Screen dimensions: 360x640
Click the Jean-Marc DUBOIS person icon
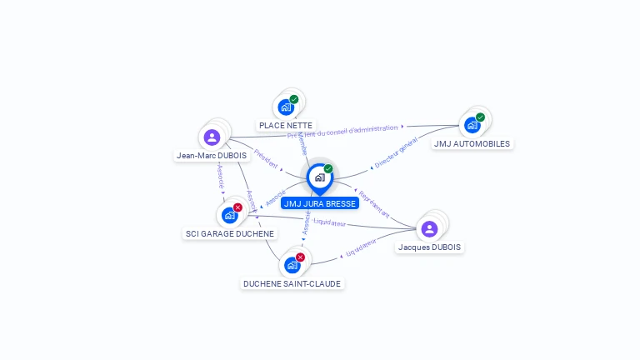(x=212, y=137)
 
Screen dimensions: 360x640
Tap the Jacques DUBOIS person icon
(x=429, y=228)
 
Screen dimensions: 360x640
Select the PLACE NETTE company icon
(x=286, y=107)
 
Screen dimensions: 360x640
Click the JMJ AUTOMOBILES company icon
(x=472, y=125)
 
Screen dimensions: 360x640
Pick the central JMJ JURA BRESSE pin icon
(x=319, y=177)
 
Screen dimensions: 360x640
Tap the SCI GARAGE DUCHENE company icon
(x=229, y=215)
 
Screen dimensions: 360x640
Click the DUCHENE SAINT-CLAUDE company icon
(x=292, y=265)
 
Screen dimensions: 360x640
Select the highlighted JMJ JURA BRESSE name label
(x=320, y=203)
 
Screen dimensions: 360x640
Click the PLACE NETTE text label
(x=286, y=125)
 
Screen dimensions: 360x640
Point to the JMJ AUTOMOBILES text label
(x=472, y=143)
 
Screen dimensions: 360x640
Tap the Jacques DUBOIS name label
(x=429, y=247)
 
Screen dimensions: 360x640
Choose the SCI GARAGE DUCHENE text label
(x=230, y=233)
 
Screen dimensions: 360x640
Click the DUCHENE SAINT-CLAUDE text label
(x=292, y=283)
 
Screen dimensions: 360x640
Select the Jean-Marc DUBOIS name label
(x=212, y=155)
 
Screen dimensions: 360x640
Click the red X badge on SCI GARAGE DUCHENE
(x=237, y=207)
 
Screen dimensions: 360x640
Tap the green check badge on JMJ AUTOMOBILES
(x=480, y=117)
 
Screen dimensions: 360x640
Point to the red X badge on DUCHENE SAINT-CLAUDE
(x=300, y=257)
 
